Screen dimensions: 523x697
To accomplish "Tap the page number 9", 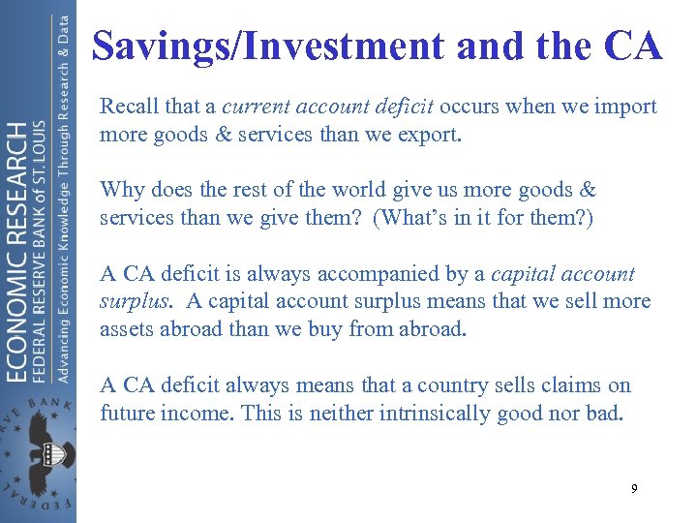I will (x=634, y=489).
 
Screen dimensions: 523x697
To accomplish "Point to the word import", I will (x=626, y=107).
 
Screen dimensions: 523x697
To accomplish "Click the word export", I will (x=432, y=134).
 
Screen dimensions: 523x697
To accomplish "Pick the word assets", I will (x=127, y=328).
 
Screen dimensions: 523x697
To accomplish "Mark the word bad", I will (x=604, y=413).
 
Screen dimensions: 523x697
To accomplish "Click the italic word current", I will (x=254, y=107).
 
